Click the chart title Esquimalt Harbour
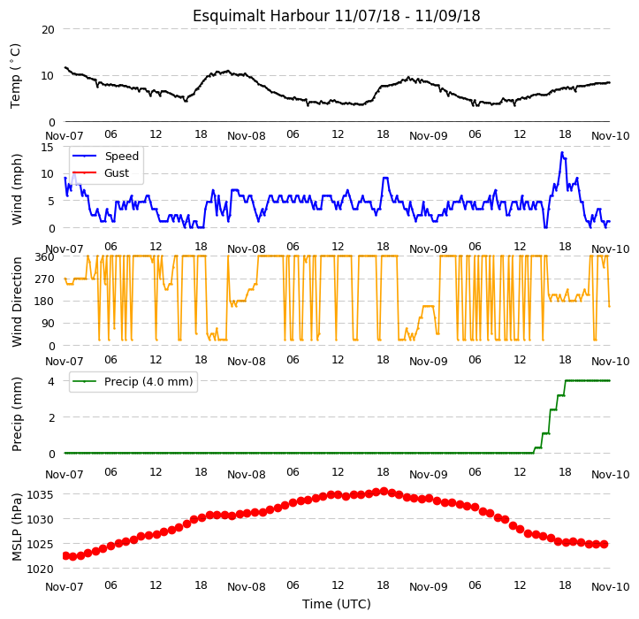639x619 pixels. click(261, 16)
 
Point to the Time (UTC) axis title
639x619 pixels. click(337, 604)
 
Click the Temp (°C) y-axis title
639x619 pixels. click(15, 76)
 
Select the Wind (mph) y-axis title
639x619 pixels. click(17, 189)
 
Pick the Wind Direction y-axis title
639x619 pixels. click(17, 302)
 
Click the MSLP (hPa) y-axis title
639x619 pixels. click(17, 527)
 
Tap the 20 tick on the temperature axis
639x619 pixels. click(48, 30)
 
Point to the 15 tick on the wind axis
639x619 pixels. click(48, 147)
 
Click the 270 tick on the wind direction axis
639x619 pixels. click(45, 279)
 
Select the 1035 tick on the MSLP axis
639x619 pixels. click(41, 495)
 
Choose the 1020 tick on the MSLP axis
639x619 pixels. click(41, 569)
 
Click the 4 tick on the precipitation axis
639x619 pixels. click(51, 382)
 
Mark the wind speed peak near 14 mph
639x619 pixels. click(562, 153)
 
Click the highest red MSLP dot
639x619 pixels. click(384, 492)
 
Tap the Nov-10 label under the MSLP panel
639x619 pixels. click(611, 587)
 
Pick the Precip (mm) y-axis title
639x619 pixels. click(17, 415)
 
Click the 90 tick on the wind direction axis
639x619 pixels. click(48, 324)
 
